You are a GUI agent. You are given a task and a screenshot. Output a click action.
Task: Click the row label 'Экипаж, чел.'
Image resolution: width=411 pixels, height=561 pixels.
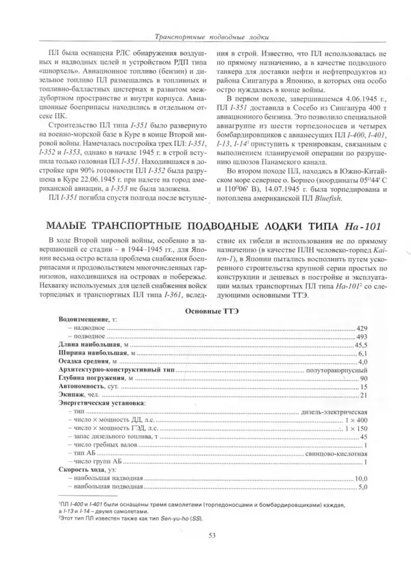pyautogui.click(x=78, y=396)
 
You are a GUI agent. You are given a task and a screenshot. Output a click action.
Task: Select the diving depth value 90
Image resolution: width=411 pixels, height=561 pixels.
pyautogui.click(x=364, y=377)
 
